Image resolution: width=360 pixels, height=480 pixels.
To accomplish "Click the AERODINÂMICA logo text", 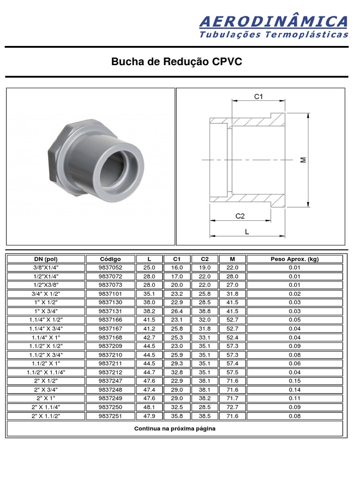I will click(x=274, y=22).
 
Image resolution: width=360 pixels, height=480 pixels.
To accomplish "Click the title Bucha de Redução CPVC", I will click(x=177, y=62).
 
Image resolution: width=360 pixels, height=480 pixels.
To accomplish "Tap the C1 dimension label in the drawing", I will click(x=259, y=97).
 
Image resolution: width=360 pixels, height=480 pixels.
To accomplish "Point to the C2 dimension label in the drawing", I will click(x=240, y=216).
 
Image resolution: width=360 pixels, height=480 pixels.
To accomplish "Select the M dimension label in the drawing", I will click(x=303, y=160).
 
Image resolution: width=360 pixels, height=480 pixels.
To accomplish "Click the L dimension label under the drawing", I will click(x=247, y=232).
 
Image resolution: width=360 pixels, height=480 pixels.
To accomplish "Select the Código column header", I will click(x=110, y=259).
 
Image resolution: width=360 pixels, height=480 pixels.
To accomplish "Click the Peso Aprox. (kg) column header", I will click(x=294, y=259).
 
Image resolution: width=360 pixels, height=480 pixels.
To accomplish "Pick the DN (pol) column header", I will click(x=46, y=259).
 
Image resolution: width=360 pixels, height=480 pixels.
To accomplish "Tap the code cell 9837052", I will click(x=110, y=268).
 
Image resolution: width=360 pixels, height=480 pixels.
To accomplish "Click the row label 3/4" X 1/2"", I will click(x=46, y=294).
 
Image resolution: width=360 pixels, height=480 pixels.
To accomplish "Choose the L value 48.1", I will click(x=149, y=407).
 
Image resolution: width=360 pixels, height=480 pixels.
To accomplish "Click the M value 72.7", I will click(x=232, y=407).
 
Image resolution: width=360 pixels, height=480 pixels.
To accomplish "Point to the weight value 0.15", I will click(x=294, y=381).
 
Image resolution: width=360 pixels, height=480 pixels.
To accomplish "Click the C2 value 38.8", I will click(x=205, y=311).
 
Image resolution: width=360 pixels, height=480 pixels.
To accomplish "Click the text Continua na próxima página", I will click(x=175, y=429).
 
